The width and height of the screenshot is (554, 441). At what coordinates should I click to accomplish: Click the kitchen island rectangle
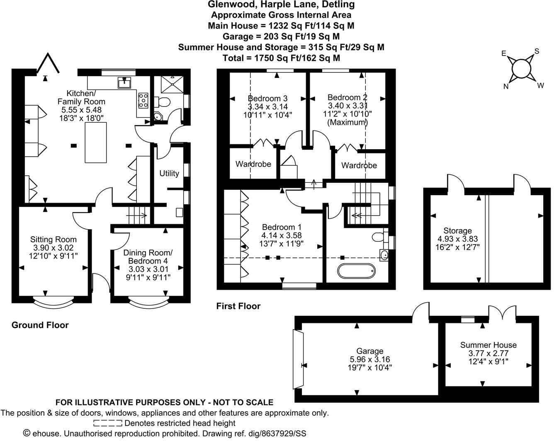96,143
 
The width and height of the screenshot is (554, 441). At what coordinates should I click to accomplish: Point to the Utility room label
169,173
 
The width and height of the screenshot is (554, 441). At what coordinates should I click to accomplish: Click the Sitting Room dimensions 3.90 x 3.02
53,247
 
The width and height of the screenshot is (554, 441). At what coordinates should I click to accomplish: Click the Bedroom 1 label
282,227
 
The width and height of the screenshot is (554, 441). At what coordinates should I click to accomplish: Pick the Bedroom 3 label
267,98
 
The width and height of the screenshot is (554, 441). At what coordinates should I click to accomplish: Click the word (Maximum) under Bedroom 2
347,122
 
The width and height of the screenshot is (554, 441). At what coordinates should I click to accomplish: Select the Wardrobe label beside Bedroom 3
253,164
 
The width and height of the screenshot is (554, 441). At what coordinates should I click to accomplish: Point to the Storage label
457,230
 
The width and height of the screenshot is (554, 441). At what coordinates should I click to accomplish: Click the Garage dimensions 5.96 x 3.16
370,359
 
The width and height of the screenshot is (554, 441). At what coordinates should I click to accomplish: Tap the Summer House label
488,345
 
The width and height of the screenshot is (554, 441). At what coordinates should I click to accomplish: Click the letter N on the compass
506,86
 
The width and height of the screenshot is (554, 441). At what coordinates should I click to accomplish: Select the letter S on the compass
537,51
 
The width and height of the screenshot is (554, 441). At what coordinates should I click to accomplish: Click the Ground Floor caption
40,325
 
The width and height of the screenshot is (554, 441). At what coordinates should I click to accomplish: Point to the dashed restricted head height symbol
107,423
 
